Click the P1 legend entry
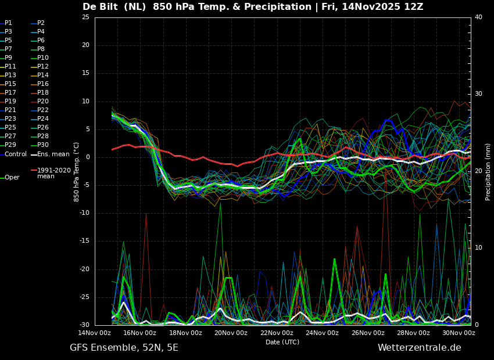6,23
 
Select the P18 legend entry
40,92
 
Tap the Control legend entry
13,154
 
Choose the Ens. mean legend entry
50,154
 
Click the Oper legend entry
10,178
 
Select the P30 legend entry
40,145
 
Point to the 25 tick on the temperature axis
85,17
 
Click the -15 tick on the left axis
84,241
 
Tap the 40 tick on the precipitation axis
478,17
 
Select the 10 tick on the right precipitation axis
478,248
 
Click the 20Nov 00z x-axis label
231,333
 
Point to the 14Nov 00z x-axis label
95,333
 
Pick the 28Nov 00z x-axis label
413,333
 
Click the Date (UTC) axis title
282,342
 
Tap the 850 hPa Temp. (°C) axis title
76,172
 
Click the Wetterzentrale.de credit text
420,348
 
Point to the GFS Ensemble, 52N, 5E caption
124,348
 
